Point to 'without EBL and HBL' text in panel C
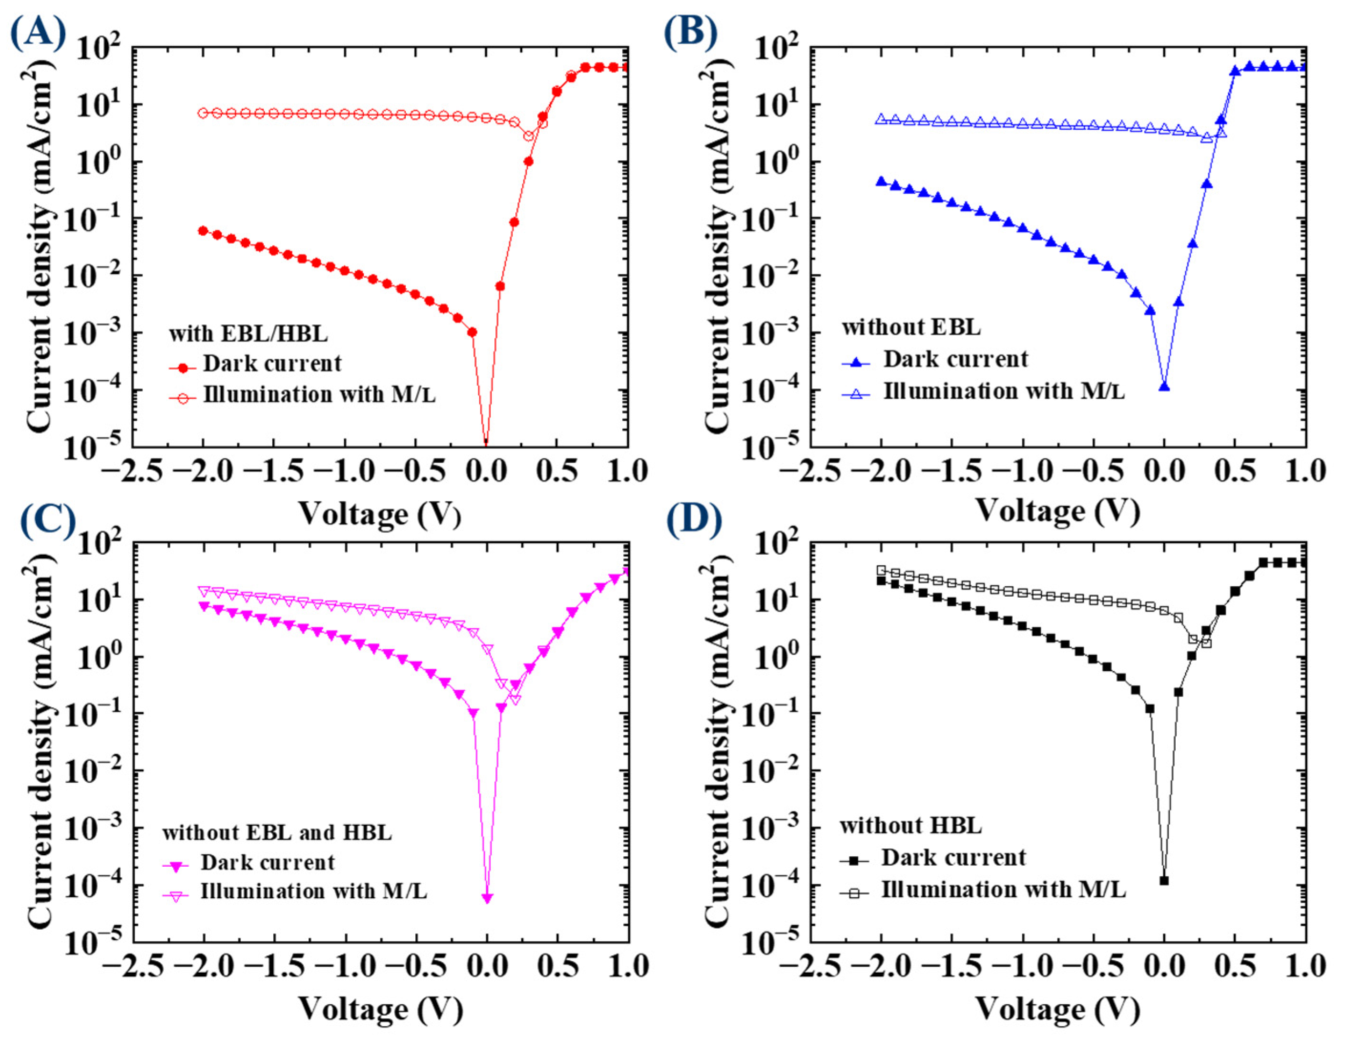pyautogui.click(x=277, y=832)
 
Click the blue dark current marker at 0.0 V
pyautogui.click(x=1164, y=387)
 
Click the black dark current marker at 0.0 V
pyautogui.click(x=1164, y=881)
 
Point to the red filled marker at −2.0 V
pyautogui.click(x=203, y=230)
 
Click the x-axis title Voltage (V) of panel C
pyautogui.click(x=380, y=1008)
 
